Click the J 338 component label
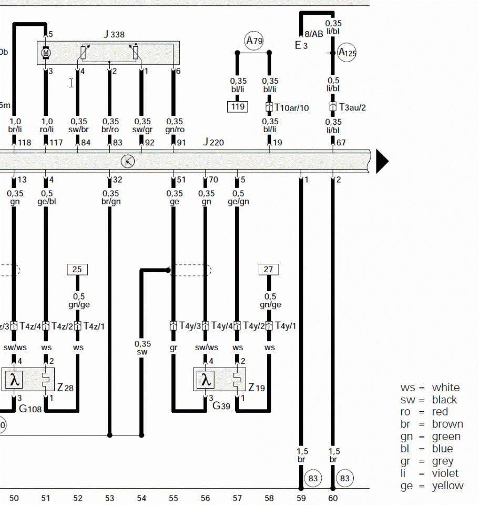tap(114, 35)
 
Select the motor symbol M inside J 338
tap(46, 53)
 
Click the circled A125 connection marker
tap(347, 53)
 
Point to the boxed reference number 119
tap(238, 107)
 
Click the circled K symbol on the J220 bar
tap(127, 161)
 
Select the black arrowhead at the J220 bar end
tap(382, 162)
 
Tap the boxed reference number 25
tap(77, 270)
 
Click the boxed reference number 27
tap(269, 270)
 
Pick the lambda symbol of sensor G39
tap(207, 379)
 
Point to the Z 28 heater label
tap(65, 388)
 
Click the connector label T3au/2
tap(352, 107)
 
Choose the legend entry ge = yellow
tap(432, 486)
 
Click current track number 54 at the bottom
tap(141, 498)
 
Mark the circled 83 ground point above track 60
tap(345, 479)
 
